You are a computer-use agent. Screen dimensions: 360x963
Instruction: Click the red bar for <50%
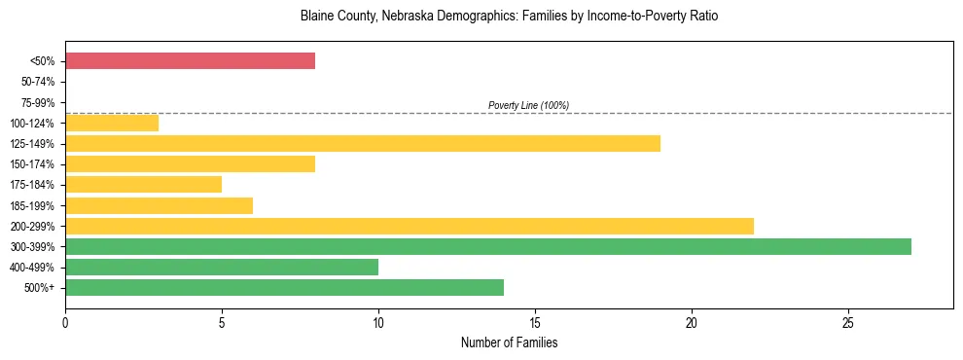click(190, 61)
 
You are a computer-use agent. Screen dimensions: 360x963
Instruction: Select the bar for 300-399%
click(487, 246)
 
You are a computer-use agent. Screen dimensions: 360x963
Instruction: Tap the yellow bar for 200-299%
click(409, 226)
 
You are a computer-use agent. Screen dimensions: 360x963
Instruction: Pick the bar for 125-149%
click(362, 144)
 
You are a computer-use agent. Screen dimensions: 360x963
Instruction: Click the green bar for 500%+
click(284, 287)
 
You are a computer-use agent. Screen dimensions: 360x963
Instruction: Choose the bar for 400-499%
click(221, 267)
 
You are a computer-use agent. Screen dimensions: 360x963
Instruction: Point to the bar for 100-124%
click(112, 124)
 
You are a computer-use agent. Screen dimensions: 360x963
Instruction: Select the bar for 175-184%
click(143, 185)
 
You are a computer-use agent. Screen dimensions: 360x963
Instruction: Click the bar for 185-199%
click(159, 205)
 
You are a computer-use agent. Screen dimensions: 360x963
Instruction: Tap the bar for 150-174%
click(190, 164)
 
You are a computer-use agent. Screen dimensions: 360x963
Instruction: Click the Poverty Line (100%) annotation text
click(528, 105)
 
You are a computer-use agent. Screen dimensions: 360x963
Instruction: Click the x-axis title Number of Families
click(509, 343)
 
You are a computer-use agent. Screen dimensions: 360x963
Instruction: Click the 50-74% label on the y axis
click(38, 82)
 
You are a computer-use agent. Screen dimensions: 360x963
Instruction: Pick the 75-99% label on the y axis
click(38, 102)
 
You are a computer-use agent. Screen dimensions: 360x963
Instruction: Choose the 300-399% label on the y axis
click(35, 247)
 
